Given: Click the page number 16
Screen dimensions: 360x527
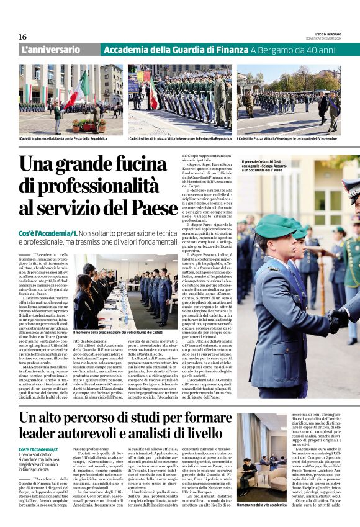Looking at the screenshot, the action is point(23,37).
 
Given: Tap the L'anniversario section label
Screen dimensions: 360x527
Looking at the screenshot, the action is point(51,50).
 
